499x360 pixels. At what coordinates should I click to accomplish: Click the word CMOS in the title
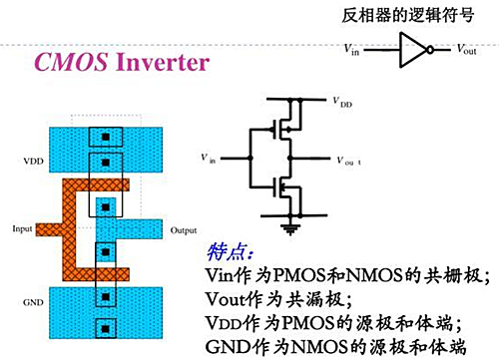tap(71, 62)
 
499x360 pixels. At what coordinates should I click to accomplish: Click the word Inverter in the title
tap(163, 62)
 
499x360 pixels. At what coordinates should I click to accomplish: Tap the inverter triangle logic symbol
tap(413, 50)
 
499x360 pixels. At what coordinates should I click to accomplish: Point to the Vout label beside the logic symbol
tap(466, 50)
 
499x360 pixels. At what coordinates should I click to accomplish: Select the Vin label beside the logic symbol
tap(351, 50)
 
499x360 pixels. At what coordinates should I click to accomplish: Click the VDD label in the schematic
tap(342, 102)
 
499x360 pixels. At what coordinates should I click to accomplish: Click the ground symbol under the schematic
tap(290, 229)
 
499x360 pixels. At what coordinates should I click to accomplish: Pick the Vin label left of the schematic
tap(209, 159)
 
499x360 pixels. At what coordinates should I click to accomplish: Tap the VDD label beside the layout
tap(33, 162)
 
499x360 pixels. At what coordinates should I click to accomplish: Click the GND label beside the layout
tap(33, 302)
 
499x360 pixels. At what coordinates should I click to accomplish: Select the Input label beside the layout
tap(22, 229)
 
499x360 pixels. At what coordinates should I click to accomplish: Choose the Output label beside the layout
tap(184, 230)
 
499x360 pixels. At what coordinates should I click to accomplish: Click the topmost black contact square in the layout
tap(106, 137)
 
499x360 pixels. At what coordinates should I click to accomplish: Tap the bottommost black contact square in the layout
tap(106, 329)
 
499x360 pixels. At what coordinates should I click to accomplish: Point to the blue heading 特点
tap(230, 252)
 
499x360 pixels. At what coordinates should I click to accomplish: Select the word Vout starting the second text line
tap(225, 299)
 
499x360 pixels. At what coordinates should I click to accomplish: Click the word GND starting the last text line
tap(229, 347)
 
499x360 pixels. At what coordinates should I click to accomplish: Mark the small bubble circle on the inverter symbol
tap(430, 50)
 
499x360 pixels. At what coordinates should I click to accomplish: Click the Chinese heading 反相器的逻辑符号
tap(408, 15)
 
